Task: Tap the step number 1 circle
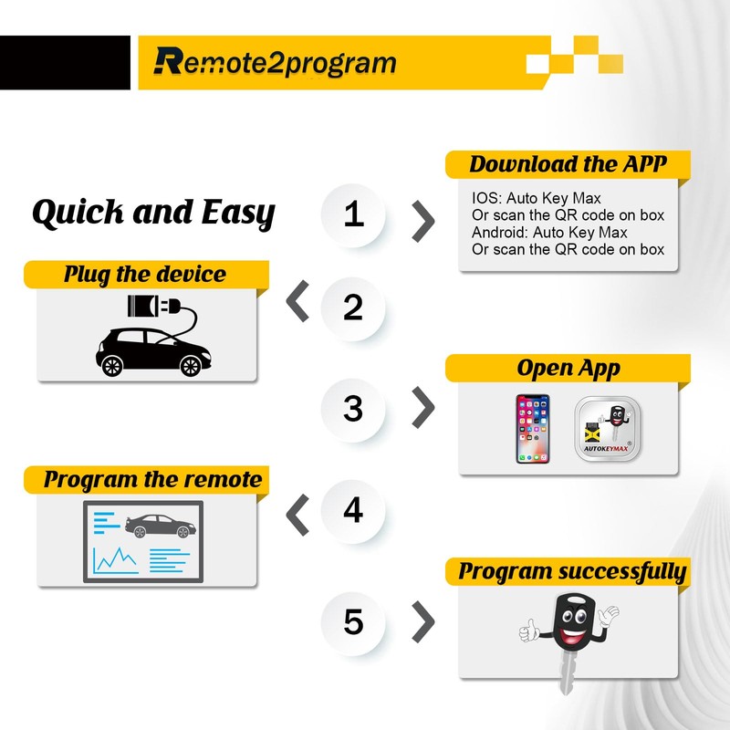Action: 354,215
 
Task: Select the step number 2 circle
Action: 354,308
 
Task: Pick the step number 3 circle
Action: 354,408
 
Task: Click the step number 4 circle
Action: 354,511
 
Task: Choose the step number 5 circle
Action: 354,623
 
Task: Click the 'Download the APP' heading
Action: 568,165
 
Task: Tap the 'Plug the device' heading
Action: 144,274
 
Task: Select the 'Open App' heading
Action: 568,369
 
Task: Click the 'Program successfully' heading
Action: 572,572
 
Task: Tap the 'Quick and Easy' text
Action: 153,214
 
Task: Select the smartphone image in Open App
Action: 535,428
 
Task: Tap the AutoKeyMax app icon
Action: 609,429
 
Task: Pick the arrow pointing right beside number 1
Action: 423,218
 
